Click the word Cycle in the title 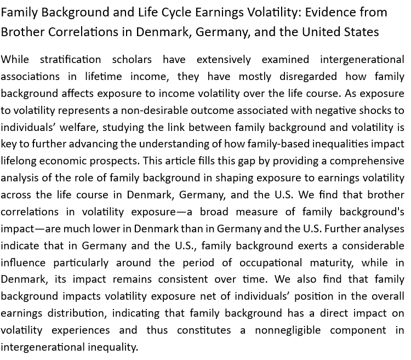point(179,12)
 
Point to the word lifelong point(19,161)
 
